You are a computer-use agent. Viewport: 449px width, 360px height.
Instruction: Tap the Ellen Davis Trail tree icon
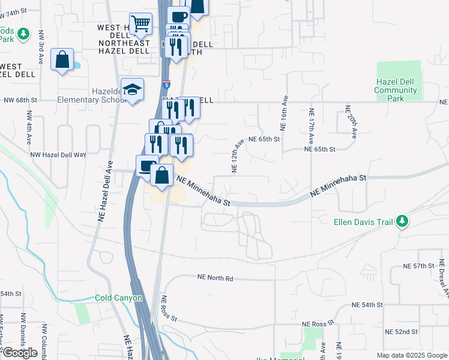[x=402, y=221]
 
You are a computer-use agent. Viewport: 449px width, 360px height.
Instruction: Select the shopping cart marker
[x=140, y=25]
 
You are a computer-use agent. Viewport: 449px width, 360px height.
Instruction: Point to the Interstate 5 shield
[x=166, y=85]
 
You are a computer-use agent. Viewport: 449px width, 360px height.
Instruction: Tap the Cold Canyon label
[x=119, y=298]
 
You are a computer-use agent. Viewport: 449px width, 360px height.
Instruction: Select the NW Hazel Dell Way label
[x=59, y=155]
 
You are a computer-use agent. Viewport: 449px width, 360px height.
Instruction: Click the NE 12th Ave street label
[x=237, y=154]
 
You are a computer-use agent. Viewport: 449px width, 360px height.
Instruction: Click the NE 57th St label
[x=418, y=265]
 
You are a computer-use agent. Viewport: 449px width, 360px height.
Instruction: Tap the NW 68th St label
[x=20, y=101]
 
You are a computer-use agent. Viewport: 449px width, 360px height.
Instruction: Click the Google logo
[x=20, y=352]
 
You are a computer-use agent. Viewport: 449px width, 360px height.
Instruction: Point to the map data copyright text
[x=412, y=355]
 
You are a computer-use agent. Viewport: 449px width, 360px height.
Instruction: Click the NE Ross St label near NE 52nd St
[x=327, y=324]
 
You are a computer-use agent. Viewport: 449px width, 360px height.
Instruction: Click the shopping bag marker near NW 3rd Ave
[x=62, y=60]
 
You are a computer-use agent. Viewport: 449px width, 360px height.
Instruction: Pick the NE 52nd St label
[x=402, y=332]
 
